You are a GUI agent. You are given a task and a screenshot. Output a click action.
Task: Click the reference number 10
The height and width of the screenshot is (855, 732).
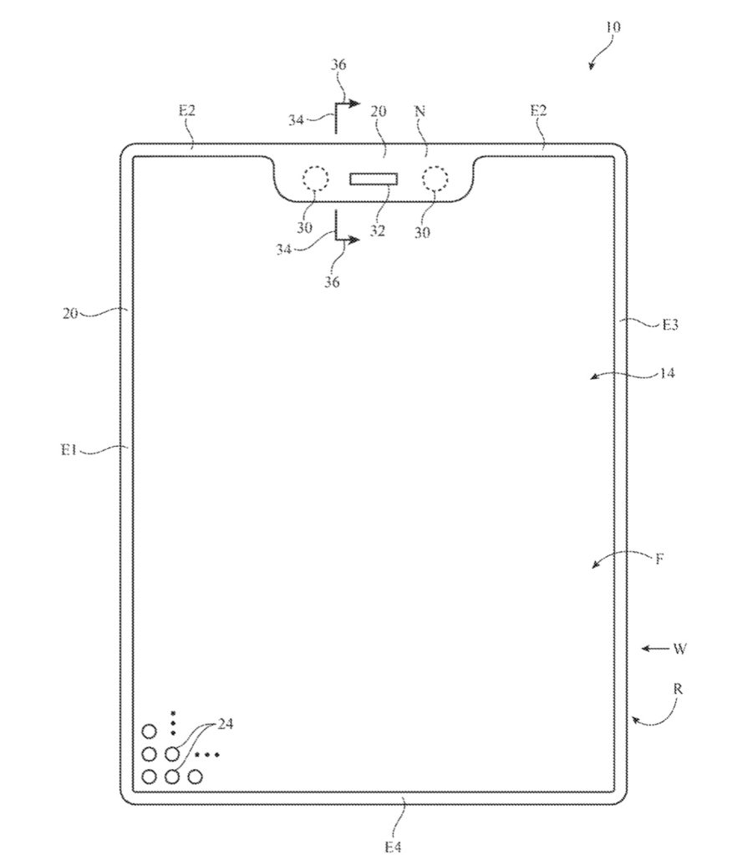[613, 28]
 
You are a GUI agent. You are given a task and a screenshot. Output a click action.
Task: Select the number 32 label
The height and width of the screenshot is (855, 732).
[378, 231]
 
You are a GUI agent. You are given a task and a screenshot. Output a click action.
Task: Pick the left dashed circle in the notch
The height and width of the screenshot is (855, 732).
[315, 179]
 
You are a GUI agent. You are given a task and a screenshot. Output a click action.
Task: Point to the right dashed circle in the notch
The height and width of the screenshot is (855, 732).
[435, 179]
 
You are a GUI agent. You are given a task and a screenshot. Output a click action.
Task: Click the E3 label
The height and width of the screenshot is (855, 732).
[669, 325]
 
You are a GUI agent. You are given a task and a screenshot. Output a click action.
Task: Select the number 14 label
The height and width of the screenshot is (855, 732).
[667, 374]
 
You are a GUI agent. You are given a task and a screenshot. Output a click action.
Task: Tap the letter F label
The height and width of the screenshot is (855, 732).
[659, 559]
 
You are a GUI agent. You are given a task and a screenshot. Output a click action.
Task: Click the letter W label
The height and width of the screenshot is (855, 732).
[681, 648]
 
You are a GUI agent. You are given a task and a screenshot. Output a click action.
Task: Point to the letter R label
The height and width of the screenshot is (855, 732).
[678, 689]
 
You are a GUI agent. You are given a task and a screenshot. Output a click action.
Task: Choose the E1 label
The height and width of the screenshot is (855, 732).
[69, 450]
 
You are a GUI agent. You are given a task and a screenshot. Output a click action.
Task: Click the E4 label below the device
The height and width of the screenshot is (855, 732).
[394, 846]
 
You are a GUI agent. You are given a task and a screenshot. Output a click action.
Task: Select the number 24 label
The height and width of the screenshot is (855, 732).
[225, 724]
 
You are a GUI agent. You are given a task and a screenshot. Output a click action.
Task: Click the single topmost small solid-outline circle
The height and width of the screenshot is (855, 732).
[150, 732]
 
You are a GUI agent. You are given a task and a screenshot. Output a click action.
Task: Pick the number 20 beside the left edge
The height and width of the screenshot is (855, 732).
[70, 314]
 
